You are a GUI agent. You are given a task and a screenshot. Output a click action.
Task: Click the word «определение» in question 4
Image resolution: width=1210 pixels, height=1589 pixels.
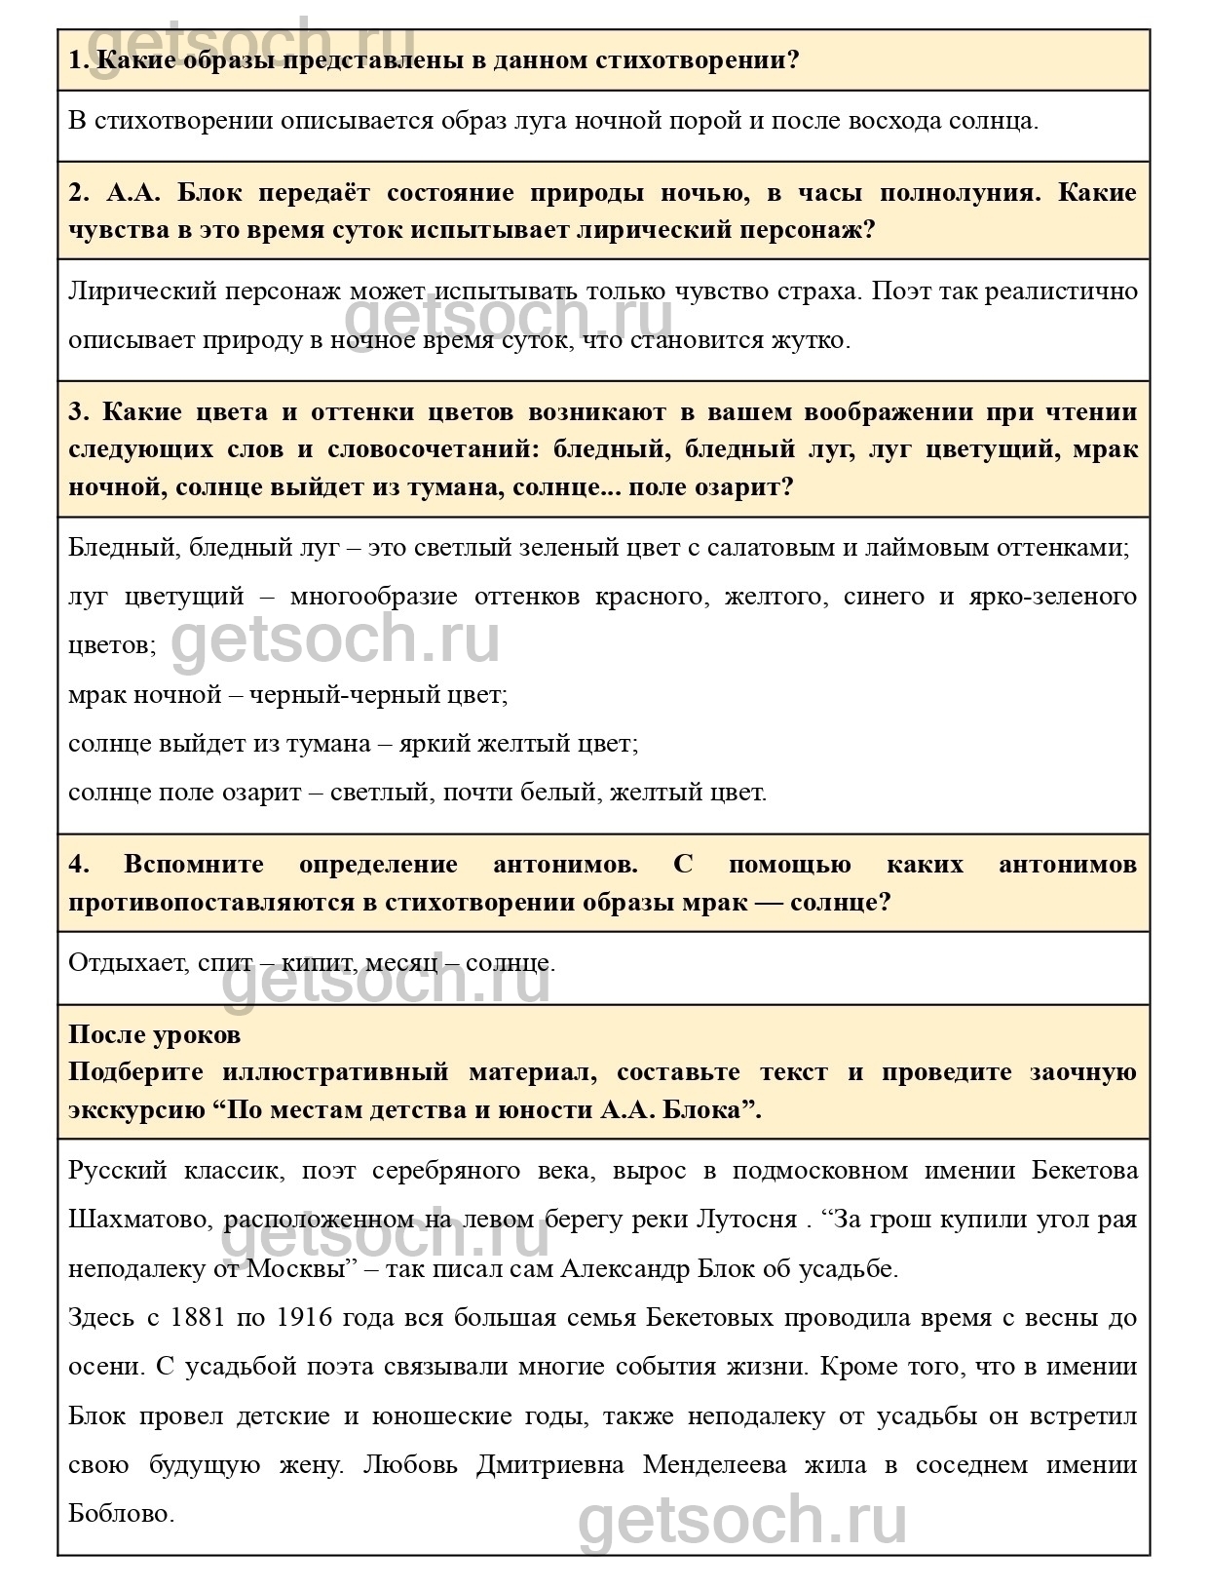[378, 865]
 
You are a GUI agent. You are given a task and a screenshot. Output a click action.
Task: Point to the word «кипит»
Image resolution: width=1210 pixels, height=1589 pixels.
[320, 963]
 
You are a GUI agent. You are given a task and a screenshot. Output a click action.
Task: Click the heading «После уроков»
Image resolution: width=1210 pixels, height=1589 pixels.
[154, 1034]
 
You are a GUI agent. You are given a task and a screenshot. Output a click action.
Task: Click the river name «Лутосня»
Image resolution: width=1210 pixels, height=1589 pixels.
[746, 1220]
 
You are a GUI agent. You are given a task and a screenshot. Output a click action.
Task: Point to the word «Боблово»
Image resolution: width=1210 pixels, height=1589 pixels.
[120, 1514]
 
